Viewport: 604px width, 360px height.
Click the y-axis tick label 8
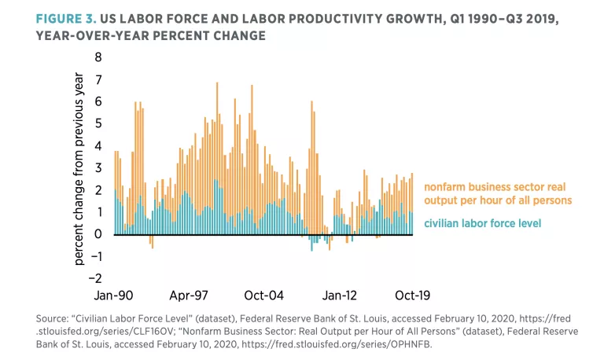(x=98, y=57)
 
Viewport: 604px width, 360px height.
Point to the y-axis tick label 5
(x=98, y=123)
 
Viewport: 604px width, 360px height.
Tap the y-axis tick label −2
(x=95, y=277)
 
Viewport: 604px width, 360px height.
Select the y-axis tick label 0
(x=98, y=233)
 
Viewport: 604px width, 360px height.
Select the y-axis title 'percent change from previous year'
(x=79, y=168)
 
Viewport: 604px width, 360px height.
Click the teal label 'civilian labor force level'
(x=482, y=224)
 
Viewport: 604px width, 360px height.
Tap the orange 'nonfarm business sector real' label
(x=495, y=187)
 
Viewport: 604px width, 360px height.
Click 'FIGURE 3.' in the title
(x=67, y=17)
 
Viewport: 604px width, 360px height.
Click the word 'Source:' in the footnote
(x=52, y=319)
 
